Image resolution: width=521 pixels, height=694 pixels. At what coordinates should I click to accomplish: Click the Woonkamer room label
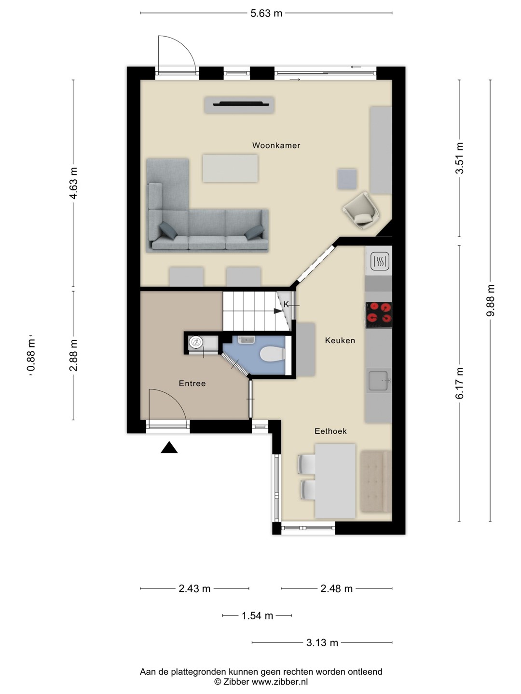pos(276,146)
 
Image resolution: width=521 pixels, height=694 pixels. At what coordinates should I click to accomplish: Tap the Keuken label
pos(340,341)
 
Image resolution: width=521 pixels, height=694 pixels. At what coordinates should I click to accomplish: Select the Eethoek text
pos(330,431)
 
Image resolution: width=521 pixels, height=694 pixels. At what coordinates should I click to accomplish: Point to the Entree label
pos(192,384)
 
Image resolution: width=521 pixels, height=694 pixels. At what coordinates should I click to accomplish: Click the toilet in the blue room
pos(273,354)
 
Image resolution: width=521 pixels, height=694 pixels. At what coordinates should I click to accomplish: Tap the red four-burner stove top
pos(379,315)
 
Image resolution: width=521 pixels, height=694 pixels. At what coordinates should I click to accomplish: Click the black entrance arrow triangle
pos(169,447)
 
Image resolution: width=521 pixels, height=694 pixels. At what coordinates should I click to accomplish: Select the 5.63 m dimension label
pos(266,13)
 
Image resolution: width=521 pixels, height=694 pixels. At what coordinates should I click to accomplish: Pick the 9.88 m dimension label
pos(491,300)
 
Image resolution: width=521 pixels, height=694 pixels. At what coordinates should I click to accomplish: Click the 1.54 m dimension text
pos(257,616)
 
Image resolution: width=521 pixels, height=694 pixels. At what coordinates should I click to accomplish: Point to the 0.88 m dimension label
pos(31,355)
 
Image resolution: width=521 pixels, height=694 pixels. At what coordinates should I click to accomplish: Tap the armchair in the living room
pos(361,210)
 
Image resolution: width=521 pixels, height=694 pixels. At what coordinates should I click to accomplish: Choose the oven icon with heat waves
pos(379,261)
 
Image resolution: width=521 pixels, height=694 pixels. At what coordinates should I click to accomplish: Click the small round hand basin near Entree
pos(196,342)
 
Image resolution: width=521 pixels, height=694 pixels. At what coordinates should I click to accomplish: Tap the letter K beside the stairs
pos(286,305)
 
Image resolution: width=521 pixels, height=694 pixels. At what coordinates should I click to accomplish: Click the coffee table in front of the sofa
pos(230,168)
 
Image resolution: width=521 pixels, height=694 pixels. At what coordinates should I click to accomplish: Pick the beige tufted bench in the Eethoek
pos(376,481)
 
